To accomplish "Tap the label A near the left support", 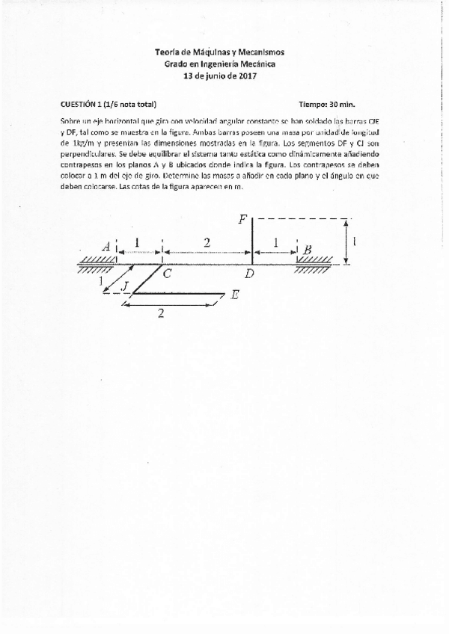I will click(x=107, y=246).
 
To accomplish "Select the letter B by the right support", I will click(x=307, y=249).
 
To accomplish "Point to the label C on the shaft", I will click(x=167, y=274).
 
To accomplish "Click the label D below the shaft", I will click(x=249, y=274).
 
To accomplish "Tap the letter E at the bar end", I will click(x=234, y=295).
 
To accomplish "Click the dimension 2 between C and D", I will click(x=207, y=241).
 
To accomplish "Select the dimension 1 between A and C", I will click(x=137, y=241).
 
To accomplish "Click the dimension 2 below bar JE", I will click(x=160, y=314).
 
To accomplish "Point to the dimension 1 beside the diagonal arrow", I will click(x=100, y=281).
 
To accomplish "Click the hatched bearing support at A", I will click(x=96, y=260).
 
